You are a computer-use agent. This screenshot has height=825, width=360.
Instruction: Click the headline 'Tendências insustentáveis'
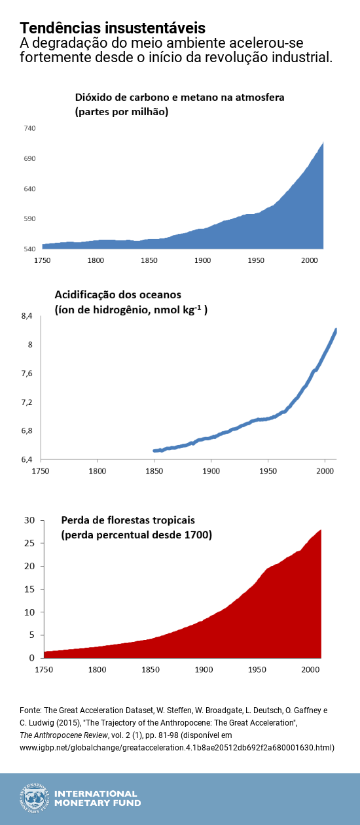point(113,28)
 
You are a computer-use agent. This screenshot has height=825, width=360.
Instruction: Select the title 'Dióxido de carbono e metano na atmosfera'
point(179,97)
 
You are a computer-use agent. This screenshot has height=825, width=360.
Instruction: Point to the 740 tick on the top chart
point(30,128)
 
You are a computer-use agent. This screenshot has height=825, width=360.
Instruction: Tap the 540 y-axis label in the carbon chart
point(30,249)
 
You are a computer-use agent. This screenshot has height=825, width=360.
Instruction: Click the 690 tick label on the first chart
point(30,159)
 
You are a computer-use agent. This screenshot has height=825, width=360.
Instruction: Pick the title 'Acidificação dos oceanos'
point(118,294)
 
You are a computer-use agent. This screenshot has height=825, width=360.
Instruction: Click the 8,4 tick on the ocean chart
point(27,317)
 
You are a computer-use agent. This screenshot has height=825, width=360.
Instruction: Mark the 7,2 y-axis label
point(27,402)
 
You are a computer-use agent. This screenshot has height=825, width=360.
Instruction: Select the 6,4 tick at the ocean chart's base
point(27,460)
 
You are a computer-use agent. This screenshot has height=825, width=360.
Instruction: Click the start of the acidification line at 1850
point(154,450)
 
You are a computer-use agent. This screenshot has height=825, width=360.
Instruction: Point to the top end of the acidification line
point(336,330)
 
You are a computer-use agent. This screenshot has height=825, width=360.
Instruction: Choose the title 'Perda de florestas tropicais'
point(128,520)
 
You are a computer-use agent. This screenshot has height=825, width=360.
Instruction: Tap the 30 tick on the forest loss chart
point(29,520)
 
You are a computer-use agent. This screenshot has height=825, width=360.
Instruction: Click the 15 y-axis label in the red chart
point(29,589)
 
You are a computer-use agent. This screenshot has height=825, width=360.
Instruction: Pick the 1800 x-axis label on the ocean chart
point(98,471)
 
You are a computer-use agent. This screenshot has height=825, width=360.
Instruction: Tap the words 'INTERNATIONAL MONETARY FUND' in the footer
point(98,798)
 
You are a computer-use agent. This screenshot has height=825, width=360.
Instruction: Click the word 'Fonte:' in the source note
point(32,709)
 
